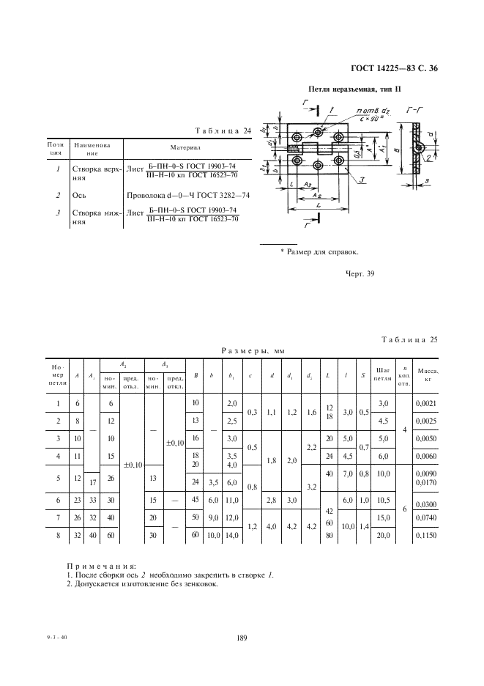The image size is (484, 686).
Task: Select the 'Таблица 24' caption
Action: pyautogui.click(x=223, y=131)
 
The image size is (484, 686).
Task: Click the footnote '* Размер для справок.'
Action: pyautogui.click(x=319, y=252)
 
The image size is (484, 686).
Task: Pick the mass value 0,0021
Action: pyautogui.click(x=425, y=404)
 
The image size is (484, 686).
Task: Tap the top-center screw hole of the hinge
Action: pyautogui.click(x=319, y=133)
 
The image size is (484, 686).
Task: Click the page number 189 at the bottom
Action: pyautogui.click(x=242, y=638)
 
